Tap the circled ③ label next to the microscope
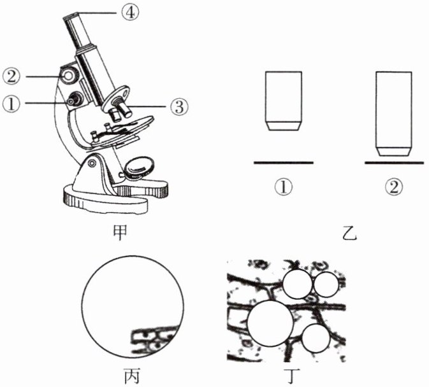click(x=178, y=107)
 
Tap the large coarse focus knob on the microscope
click(x=68, y=75)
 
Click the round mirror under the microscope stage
click(x=139, y=166)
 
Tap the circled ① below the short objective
click(x=283, y=186)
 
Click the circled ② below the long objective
click(x=394, y=186)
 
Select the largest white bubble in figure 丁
click(x=270, y=322)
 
